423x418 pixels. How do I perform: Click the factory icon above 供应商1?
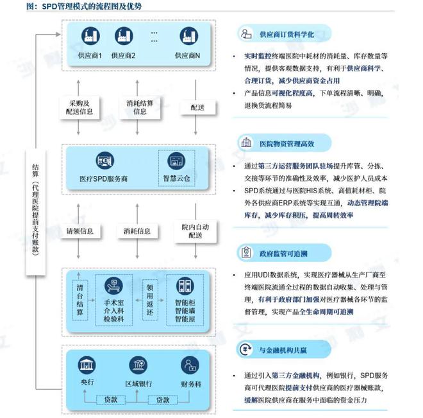pos(90,36)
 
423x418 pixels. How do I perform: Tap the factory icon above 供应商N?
pos(189,36)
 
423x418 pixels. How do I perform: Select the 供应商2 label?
pos(123,56)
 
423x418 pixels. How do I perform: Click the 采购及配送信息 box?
pos(79,107)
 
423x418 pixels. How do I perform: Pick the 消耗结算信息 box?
pos(140,107)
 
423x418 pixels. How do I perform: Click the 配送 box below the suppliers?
pos(198,107)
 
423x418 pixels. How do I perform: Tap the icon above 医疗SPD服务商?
pos(105,161)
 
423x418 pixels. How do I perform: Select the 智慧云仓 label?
pos(176,179)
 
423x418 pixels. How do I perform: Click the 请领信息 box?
pos(80,231)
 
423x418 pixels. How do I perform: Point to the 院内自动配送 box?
pos(195,231)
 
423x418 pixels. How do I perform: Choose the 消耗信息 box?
pos(137,231)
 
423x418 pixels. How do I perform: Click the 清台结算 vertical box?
pos(80,300)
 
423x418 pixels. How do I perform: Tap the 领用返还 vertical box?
pos(150,300)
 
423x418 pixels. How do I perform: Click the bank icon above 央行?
pos(87,365)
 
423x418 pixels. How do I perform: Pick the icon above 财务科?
pos(190,365)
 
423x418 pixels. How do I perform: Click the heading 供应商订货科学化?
pos(286,35)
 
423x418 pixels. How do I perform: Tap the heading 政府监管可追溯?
pos(283,254)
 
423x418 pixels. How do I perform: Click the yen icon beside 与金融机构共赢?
pos(245,349)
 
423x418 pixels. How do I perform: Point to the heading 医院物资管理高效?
pos(286,144)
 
